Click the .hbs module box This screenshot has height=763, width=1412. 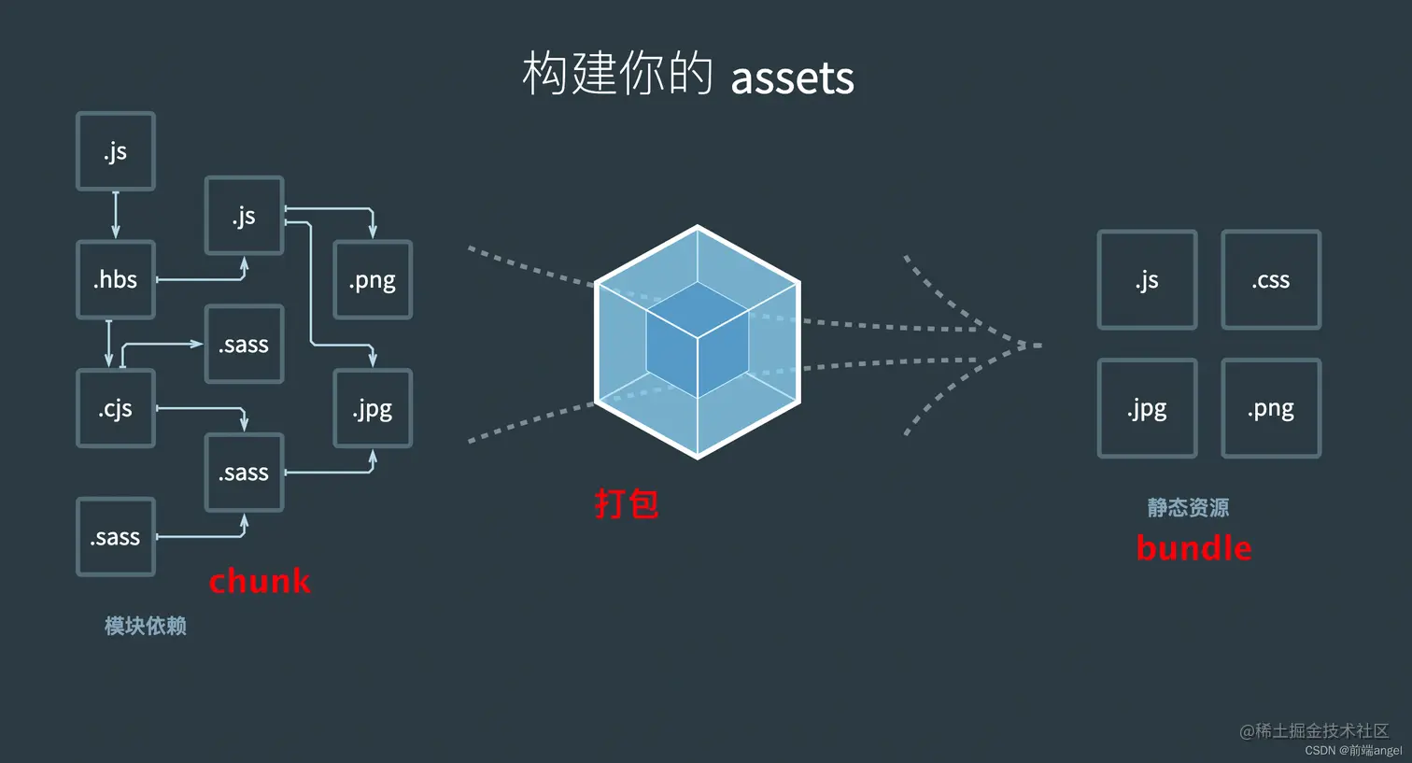[x=116, y=280]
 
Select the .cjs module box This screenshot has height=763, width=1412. [x=116, y=409]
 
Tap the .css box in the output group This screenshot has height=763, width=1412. [x=1271, y=280]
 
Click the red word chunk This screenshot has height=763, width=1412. [x=260, y=581]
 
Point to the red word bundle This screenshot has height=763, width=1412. [x=1193, y=548]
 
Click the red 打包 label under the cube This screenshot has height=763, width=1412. [x=627, y=504]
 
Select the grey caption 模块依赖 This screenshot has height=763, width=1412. [x=146, y=626]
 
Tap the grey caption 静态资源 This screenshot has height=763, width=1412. [x=1188, y=507]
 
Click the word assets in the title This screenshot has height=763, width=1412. [x=792, y=78]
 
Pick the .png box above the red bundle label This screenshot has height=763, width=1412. [x=1271, y=409]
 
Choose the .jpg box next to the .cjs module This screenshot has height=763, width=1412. [x=373, y=409]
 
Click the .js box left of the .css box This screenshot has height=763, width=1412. [x=1147, y=280]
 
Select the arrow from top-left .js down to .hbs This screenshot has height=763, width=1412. [x=116, y=216]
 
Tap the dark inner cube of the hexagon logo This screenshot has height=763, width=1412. [x=698, y=340]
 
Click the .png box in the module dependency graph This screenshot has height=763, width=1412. [x=373, y=280]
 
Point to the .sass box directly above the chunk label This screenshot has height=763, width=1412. [x=244, y=473]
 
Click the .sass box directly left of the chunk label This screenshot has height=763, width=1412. [x=116, y=537]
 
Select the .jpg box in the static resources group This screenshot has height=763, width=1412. [x=1147, y=409]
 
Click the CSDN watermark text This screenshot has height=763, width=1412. [x=1353, y=751]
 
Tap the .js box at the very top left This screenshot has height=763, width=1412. [x=116, y=151]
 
